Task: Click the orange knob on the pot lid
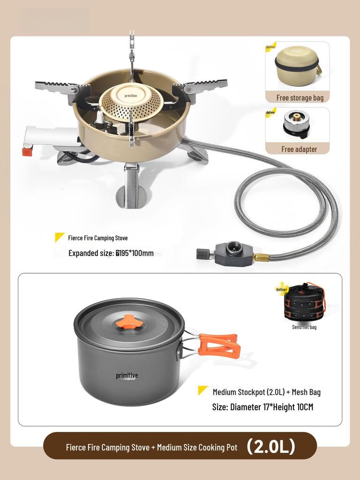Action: coord(129,322)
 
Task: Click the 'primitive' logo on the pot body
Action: coord(127,376)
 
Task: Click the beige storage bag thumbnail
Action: coord(297,66)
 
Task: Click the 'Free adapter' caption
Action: coord(299,149)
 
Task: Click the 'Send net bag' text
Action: coord(304,327)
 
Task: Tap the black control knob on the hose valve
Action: coord(203,254)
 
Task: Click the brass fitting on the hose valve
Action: coord(261,257)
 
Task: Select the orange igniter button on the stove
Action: coord(28,151)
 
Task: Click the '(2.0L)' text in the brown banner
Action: coord(271,446)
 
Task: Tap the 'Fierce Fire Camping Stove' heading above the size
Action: coord(97,238)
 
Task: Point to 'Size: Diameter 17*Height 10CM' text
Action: coord(262,407)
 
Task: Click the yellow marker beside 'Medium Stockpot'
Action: coord(203,390)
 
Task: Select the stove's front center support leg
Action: coord(131,185)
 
